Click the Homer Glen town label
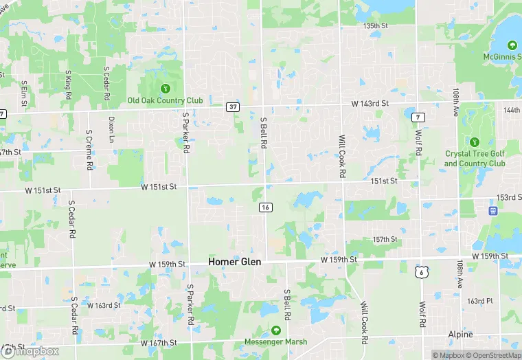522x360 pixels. pos(234,262)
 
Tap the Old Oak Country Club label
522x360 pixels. pos(166,100)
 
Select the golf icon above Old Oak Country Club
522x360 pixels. pos(165,88)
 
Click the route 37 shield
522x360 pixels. pos(234,107)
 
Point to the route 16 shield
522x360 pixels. pos(265,207)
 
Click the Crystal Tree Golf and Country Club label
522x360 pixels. pos(475,159)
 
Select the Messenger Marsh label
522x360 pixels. pos(275,341)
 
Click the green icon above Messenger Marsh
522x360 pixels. pos(276,330)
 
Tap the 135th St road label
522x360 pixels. pos(381,25)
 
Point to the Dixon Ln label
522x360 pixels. pos(111,128)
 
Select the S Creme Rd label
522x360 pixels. pos(89,149)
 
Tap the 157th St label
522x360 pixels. pos(385,239)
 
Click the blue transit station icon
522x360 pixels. pos(492,210)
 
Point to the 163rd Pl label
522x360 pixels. pos(480,301)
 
